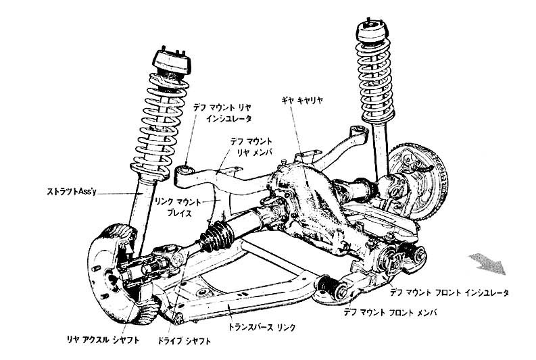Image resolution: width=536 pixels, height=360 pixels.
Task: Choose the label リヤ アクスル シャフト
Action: click(x=103, y=340)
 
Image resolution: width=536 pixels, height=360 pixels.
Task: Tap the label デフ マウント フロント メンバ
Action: click(x=391, y=313)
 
